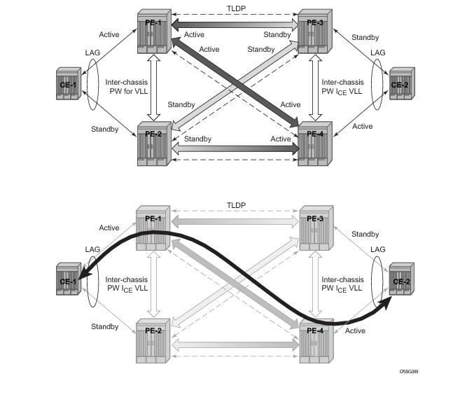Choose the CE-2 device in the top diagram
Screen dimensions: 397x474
[x=400, y=87]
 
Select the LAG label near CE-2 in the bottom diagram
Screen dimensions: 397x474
[x=377, y=249]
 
